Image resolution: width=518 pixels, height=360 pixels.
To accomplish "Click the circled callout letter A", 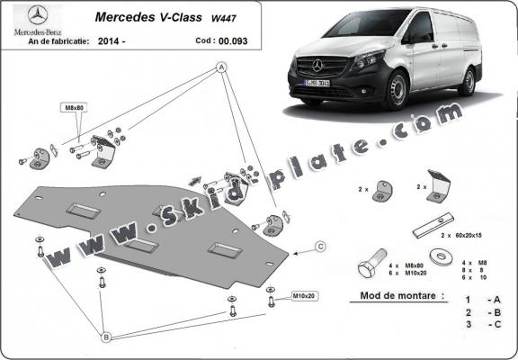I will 220,67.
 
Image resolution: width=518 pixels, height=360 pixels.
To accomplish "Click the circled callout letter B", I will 105,336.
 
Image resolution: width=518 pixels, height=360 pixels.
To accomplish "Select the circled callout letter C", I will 320,245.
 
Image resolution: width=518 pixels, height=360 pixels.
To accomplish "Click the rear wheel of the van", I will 468,81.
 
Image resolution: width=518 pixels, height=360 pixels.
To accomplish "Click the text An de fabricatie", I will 42,40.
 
